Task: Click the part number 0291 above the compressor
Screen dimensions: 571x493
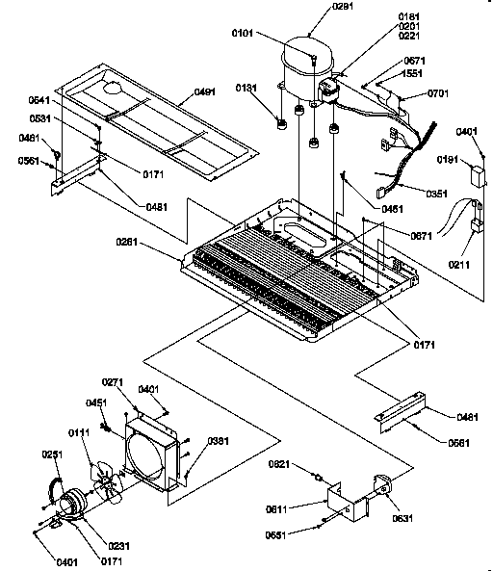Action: [x=316, y=8]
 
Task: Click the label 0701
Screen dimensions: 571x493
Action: [x=438, y=94]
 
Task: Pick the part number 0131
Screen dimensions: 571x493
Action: [x=249, y=89]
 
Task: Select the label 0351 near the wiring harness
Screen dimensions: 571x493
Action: [x=436, y=194]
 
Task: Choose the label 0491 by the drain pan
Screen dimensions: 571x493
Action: [x=205, y=91]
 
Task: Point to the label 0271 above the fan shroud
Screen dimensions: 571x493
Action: [x=141, y=383]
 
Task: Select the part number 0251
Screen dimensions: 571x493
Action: [x=52, y=454]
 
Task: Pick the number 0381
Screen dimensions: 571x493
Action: [x=218, y=442]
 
